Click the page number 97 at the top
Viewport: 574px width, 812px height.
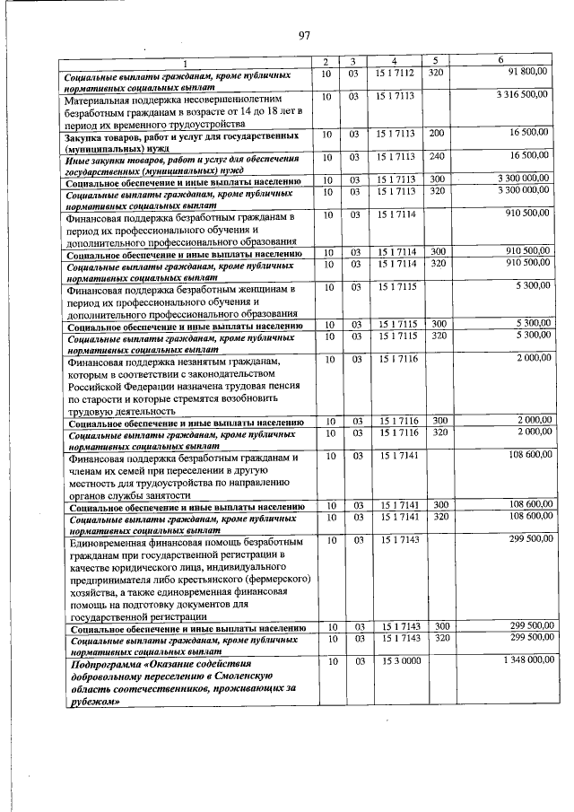pyautogui.click(x=303, y=35)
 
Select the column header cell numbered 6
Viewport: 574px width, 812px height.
pyautogui.click(x=500, y=60)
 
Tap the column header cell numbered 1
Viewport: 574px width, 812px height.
pyautogui.click(x=187, y=61)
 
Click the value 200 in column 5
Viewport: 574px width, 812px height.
pyautogui.click(x=437, y=133)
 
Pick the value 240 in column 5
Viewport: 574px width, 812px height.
pyautogui.click(x=437, y=155)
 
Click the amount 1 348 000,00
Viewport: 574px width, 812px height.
pyautogui.click(x=521, y=661)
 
